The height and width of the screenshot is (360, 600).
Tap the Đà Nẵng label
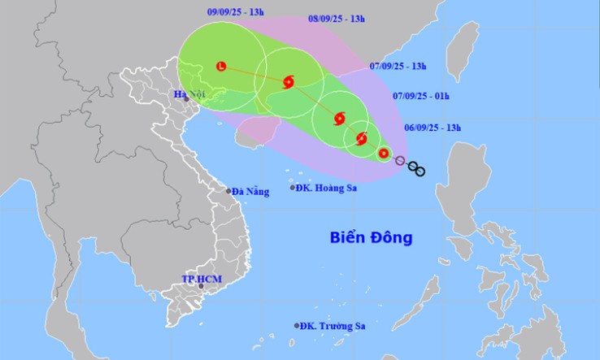point(251,191)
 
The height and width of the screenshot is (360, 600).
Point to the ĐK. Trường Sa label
point(333,326)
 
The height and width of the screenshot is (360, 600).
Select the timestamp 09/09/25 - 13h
point(235,12)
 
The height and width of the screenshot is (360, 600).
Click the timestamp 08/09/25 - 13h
point(337,18)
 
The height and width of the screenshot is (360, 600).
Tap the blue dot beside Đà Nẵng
point(228,191)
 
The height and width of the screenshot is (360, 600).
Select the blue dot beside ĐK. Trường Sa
point(296,326)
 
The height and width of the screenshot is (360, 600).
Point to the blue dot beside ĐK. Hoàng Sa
point(293,188)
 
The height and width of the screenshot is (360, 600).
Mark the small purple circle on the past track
point(399,160)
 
